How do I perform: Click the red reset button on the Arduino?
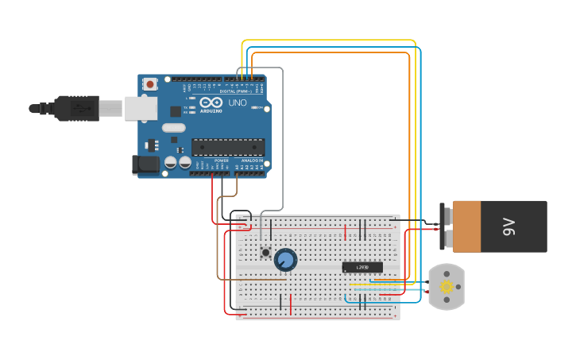pos(149,83)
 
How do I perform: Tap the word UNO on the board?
pos(238,103)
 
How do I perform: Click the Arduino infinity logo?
pos(211,103)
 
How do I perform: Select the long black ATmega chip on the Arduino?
pos(228,147)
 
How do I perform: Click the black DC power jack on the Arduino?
pos(146,165)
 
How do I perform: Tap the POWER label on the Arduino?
pos(221,161)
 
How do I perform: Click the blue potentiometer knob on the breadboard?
pos(285,260)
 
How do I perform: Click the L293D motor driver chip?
pos(362,267)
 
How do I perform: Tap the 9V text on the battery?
pos(509,226)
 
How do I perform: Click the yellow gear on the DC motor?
pos(446,287)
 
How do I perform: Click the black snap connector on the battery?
pos(443,226)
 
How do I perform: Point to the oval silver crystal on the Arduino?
pos(173,128)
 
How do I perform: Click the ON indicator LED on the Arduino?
pos(256,106)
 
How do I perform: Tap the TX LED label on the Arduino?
pos(186,107)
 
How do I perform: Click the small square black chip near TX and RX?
pos(175,111)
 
